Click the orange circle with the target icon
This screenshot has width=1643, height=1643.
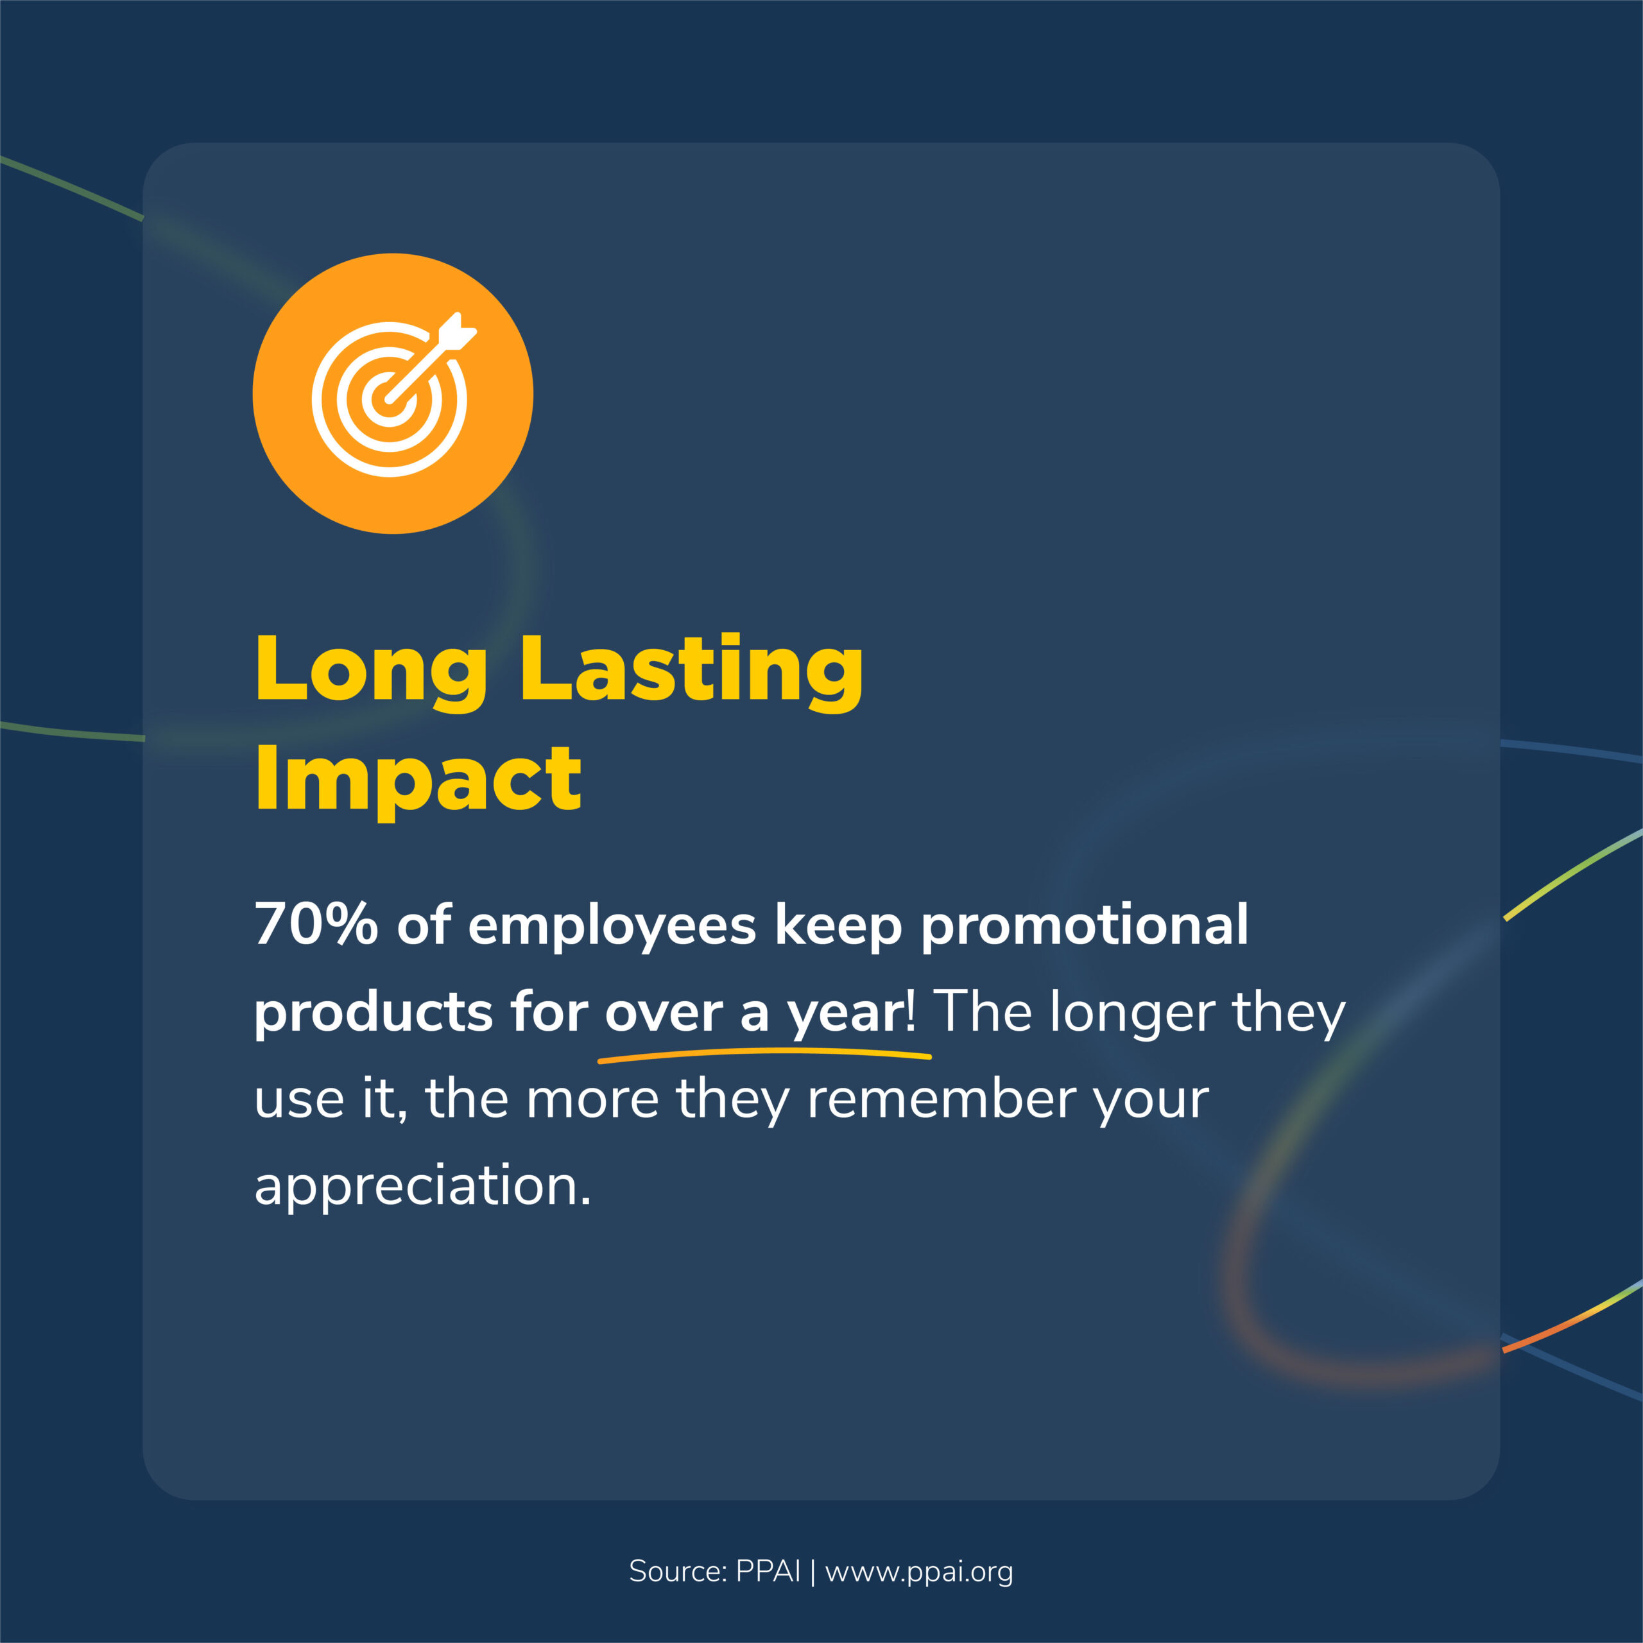click(393, 393)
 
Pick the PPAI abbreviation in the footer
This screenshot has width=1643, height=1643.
click(768, 1570)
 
